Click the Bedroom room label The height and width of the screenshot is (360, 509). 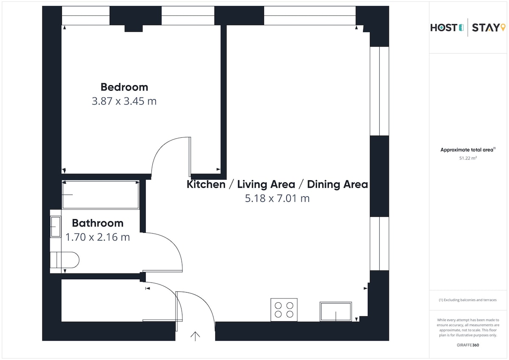click(124, 87)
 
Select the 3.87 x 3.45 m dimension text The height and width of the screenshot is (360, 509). click(124, 101)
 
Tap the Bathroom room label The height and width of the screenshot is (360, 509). click(98, 223)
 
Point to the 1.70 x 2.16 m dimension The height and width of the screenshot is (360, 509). click(98, 237)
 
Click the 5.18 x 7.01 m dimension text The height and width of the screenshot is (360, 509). click(277, 198)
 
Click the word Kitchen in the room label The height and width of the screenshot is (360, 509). click(206, 184)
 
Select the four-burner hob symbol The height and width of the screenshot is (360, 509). click(284, 310)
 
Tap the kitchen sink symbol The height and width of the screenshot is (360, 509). click(336, 312)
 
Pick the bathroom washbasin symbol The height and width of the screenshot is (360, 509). click(56, 227)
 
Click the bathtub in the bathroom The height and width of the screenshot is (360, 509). click(101, 195)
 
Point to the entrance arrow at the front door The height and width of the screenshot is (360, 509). click(195, 336)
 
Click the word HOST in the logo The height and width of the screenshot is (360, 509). click(444, 28)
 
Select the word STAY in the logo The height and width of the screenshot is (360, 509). click(486, 28)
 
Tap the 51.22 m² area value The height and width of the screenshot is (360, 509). click(468, 158)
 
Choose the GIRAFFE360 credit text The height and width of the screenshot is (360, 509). click(468, 345)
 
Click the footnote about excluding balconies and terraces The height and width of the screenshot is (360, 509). click(467, 300)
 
